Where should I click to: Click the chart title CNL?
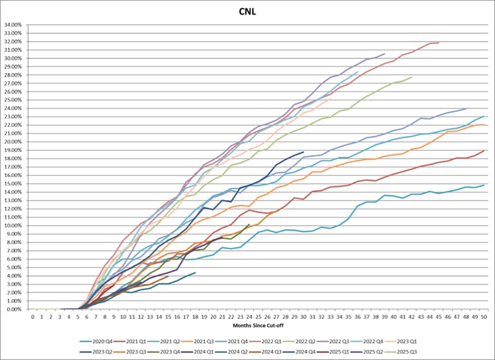[247, 11]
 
